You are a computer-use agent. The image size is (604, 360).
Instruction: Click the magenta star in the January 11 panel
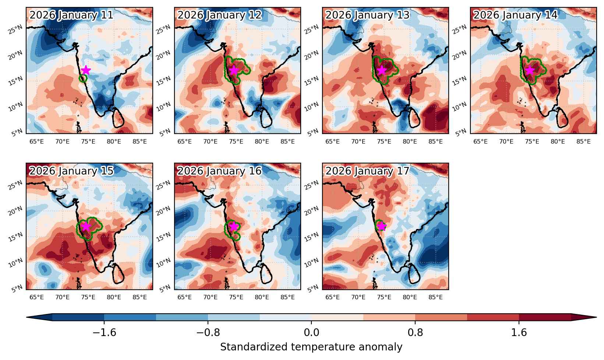click(86, 70)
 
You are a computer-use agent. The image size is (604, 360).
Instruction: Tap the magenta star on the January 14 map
click(530, 70)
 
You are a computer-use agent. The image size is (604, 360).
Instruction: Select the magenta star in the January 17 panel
click(382, 226)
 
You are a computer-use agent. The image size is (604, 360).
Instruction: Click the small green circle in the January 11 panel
click(83, 78)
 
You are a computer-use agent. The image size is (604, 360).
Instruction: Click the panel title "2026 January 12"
click(219, 15)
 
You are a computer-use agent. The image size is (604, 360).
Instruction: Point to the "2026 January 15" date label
click(71, 171)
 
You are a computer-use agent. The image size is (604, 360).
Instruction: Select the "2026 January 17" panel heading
click(368, 171)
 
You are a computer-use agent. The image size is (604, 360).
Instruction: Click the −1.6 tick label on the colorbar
click(104, 332)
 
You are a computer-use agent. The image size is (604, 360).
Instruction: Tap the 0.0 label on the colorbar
click(311, 332)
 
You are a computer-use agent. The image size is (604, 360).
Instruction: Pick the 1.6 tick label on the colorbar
click(519, 332)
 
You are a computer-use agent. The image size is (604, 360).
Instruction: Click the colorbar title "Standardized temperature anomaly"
click(311, 347)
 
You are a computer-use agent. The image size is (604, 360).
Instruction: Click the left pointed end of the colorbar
click(27, 317)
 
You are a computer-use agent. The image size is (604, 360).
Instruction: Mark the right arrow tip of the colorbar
click(596, 317)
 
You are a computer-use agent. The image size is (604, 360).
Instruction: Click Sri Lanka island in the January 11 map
click(119, 117)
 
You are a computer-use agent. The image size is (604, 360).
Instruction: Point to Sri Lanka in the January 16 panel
click(266, 273)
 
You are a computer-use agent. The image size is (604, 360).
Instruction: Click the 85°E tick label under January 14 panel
click(583, 141)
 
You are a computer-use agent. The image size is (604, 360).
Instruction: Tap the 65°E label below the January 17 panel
click(332, 297)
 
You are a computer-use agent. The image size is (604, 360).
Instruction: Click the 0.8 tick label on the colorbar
click(415, 332)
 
